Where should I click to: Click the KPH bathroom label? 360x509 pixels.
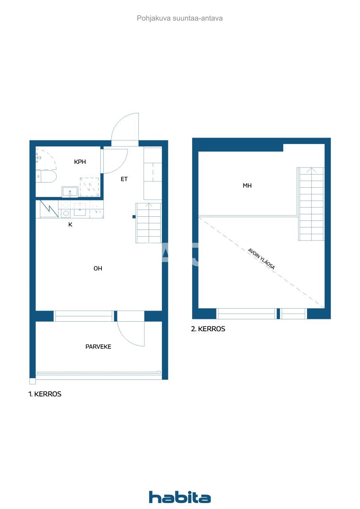point(80,162)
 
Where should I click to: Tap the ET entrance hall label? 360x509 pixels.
point(124,179)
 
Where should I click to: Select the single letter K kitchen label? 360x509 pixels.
point(70,224)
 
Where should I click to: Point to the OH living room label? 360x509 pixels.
point(98,268)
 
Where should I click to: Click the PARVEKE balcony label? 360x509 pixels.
point(98,347)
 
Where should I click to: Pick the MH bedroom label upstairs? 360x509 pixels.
point(247,186)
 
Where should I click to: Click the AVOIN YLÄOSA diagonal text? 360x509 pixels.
point(261,259)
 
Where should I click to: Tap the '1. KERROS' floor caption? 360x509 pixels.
point(45,394)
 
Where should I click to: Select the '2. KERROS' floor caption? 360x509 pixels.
point(208,329)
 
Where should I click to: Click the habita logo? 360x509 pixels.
point(180,497)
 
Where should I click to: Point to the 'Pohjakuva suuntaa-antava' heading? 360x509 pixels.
point(180,18)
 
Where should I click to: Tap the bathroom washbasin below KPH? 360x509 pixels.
point(70,192)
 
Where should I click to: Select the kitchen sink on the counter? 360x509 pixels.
point(80,209)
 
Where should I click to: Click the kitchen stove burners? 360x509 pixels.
point(65,209)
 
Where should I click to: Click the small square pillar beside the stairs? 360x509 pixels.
point(134,217)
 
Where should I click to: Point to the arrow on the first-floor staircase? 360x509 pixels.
point(149,205)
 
